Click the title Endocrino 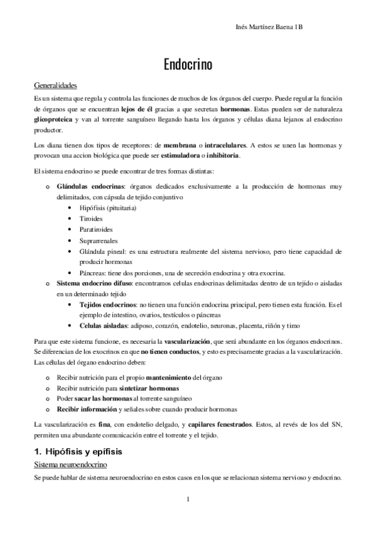click(x=188, y=65)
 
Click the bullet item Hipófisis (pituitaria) click(x=108, y=207)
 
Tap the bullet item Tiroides click(x=90, y=218)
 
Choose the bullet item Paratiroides click(x=96, y=229)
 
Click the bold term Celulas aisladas click(x=102, y=326)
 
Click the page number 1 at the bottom click(x=188, y=500)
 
